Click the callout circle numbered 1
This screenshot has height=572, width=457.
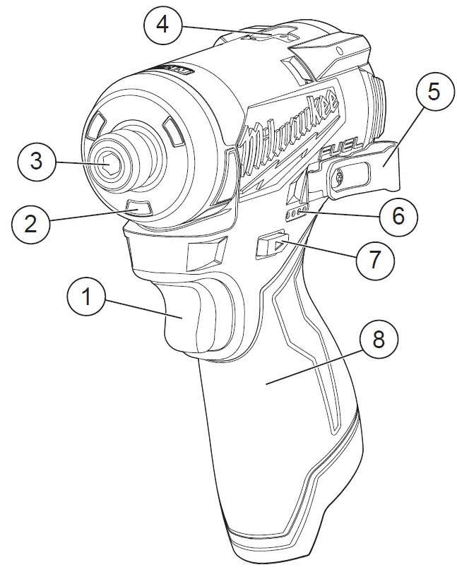point(86,297)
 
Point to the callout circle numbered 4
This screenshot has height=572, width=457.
point(162,26)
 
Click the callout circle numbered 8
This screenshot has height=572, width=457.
point(379,340)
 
